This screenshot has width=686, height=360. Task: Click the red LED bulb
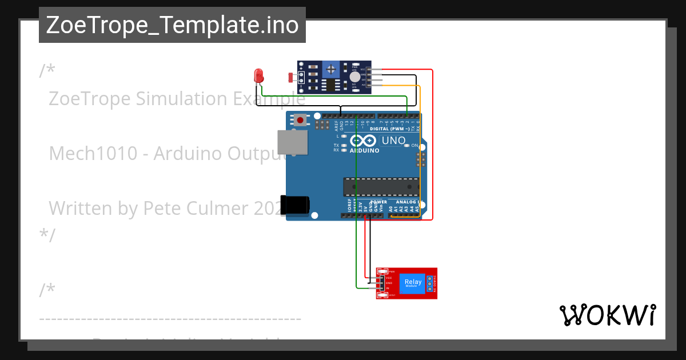[258, 75]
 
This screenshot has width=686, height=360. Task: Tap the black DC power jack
[295, 205]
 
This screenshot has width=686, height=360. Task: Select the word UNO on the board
[394, 140]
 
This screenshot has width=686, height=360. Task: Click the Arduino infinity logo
[364, 141]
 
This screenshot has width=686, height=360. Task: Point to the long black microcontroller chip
[380, 187]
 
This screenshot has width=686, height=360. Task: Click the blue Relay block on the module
[412, 283]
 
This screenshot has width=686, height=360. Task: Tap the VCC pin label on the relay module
[388, 278]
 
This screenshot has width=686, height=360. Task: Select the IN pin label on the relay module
[388, 288]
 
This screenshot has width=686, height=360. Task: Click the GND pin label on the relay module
[388, 283]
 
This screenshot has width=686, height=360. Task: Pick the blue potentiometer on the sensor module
[330, 70]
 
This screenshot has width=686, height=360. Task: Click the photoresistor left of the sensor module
[291, 76]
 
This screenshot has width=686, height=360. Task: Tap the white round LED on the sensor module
[354, 77]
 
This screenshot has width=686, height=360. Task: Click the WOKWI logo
[608, 315]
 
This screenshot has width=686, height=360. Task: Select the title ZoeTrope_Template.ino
[172, 25]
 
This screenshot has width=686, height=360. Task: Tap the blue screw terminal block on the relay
[430, 283]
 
